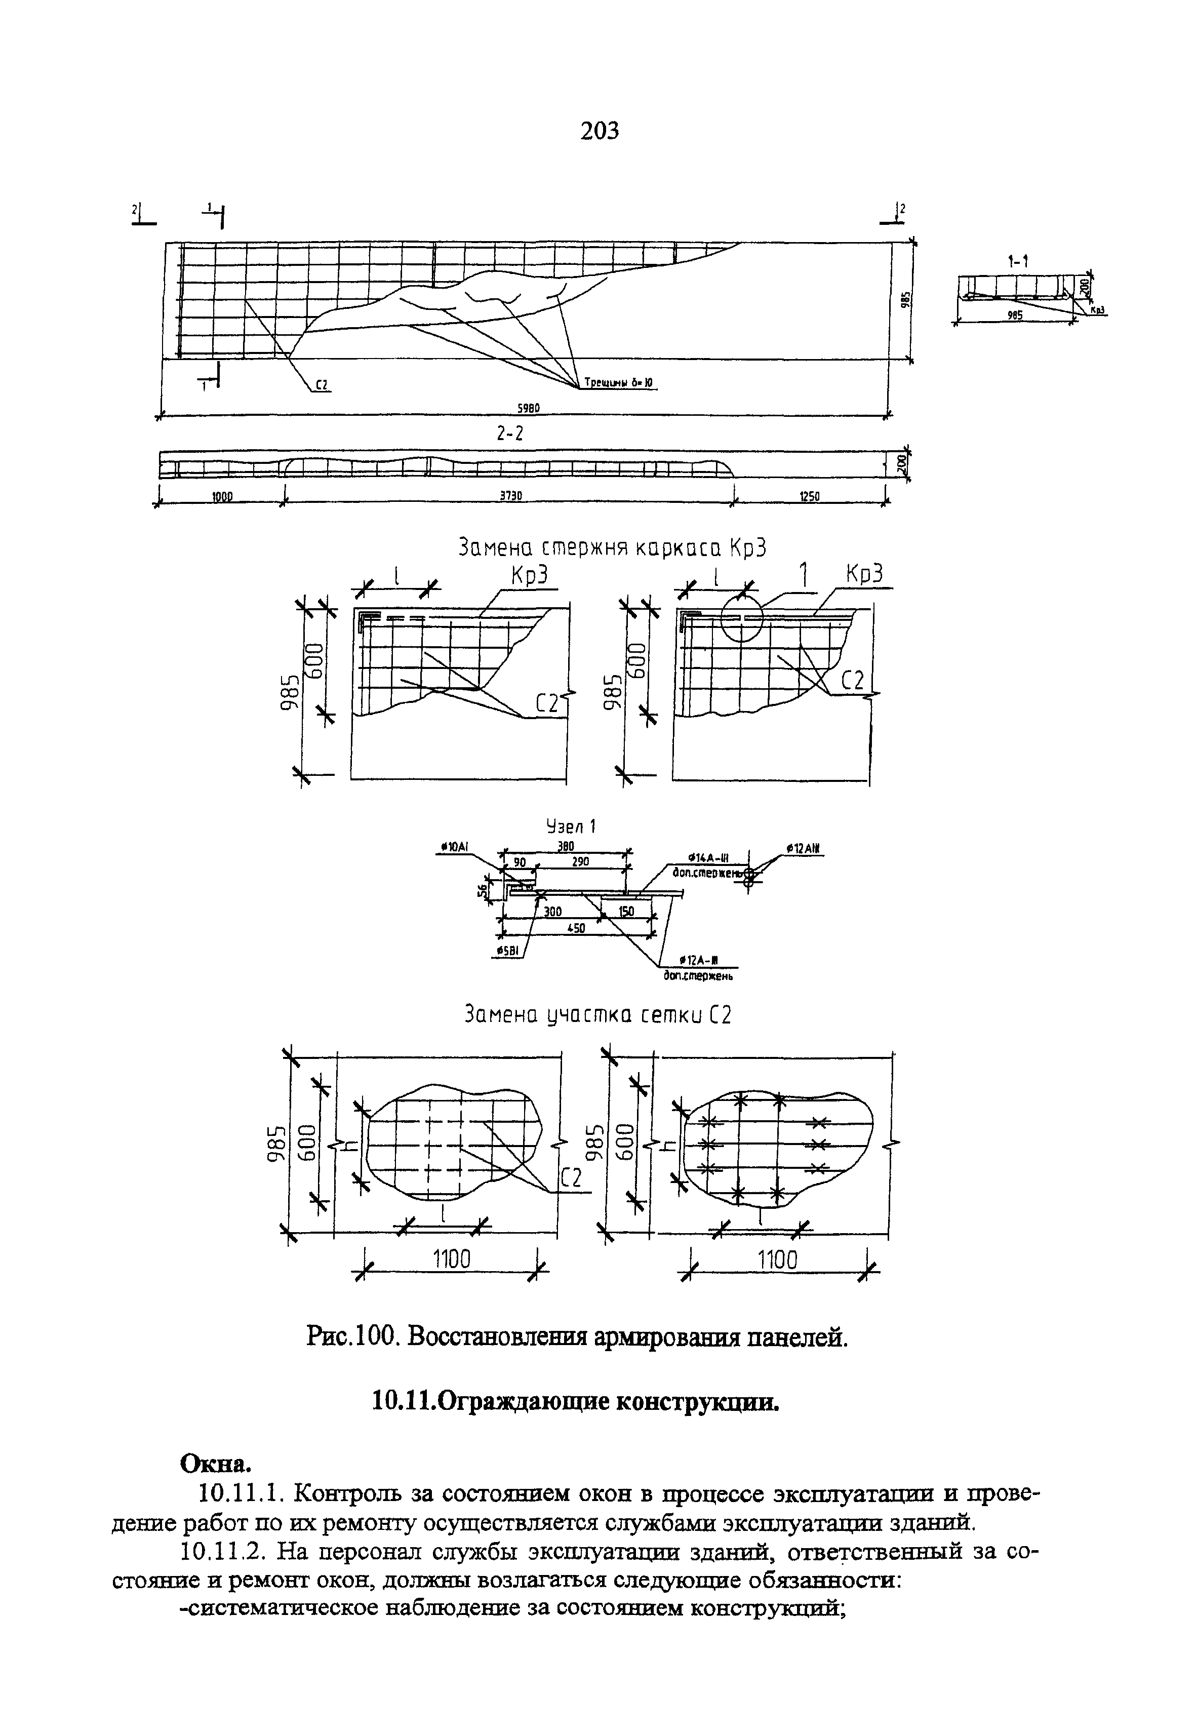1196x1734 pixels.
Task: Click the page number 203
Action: tap(600, 132)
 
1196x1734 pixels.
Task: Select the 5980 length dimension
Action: tap(527, 408)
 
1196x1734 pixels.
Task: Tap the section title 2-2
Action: tap(509, 434)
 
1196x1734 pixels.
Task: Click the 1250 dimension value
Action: tap(809, 496)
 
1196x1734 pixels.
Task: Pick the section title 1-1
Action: tap(1017, 261)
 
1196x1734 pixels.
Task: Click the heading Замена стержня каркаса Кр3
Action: tap(613, 548)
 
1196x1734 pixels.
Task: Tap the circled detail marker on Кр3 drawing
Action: tap(741, 619)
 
